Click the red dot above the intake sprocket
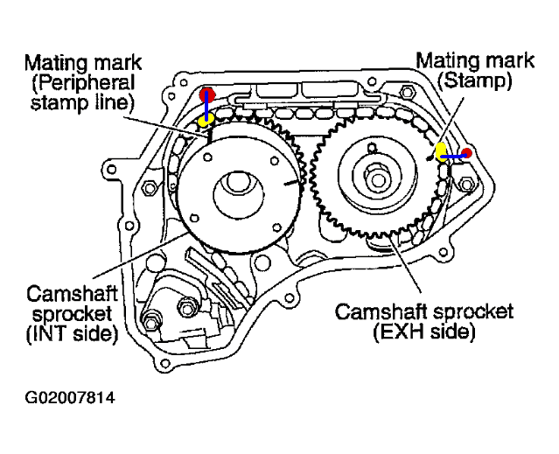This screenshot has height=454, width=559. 207,94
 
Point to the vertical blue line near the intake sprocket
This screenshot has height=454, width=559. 207,108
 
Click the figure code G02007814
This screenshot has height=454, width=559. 70,399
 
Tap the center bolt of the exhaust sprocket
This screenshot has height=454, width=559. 378,179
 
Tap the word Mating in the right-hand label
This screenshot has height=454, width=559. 442,61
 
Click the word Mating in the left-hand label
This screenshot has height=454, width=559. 53,63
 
